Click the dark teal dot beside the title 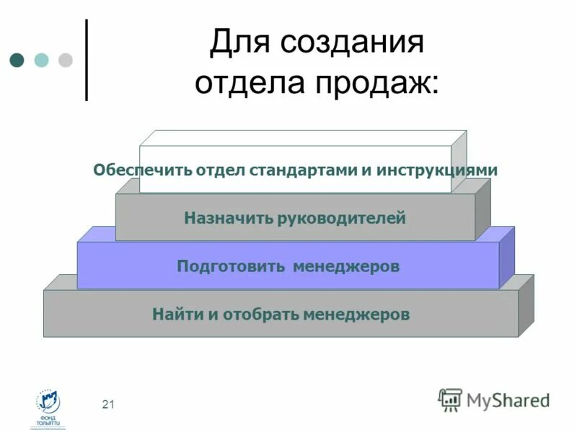[x=17, y=59]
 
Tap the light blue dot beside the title [x=41, y=59]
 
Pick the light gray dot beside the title [x=65, y=59]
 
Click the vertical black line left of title [x=87, y=59]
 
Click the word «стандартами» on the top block [x=303, y=170]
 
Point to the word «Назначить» [x=227, y=217]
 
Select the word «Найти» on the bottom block [x=173, y=315]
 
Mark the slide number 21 [x=108, y=404]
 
